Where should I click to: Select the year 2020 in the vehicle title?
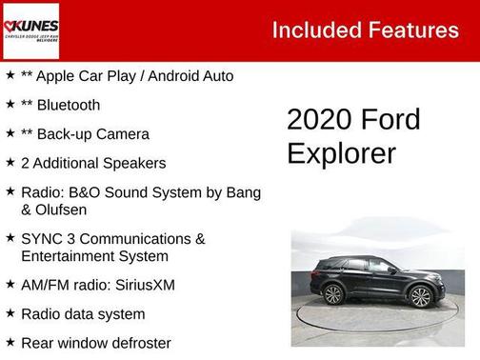tap(319, 120)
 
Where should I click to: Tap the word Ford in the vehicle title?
tap(390, 120)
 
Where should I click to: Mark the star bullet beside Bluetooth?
tap(10, 104)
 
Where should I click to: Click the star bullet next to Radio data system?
tap(10, 312)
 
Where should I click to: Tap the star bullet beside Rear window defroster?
tap(10, 341)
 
